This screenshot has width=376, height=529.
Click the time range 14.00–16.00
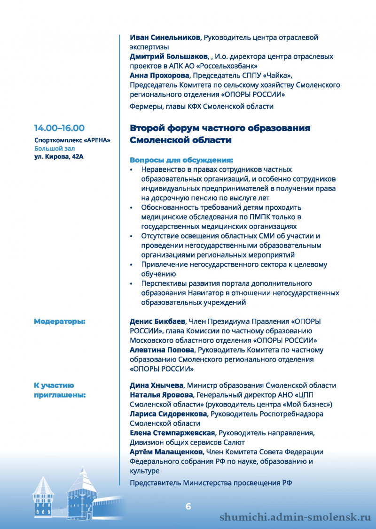(x=59, y=128)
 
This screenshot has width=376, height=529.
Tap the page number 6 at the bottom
(x=188, y=506)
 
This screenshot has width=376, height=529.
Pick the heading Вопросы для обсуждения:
(x=181, y=160)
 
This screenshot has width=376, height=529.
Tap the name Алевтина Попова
(x=161, y=350)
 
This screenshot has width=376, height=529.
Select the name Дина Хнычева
(x=157, y=385)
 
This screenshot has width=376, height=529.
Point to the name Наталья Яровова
(x=161, y=395)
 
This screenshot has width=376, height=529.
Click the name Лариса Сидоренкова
(x=168, y=414)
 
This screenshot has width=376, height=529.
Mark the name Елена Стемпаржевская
(x=172, y=433)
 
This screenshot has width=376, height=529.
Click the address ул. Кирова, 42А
(x=59, y=156)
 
